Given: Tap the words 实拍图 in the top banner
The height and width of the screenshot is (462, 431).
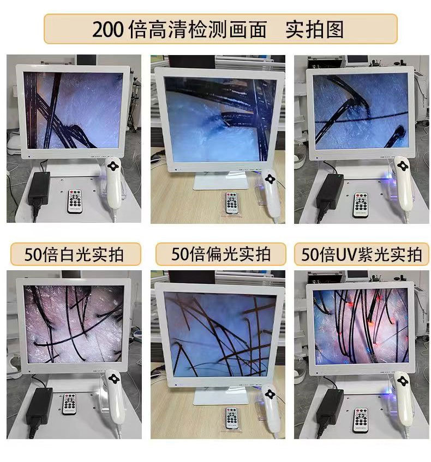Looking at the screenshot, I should (315, 29).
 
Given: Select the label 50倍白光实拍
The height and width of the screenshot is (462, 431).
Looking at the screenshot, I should (75, 254).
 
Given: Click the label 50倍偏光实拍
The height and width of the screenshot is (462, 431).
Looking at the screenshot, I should (220, 254).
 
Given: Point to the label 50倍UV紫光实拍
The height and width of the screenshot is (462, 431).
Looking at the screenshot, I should (362, 254).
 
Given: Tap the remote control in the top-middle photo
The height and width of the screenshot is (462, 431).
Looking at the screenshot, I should (232, 206).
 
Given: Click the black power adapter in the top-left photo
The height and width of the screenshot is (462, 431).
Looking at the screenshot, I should (40, 188).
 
